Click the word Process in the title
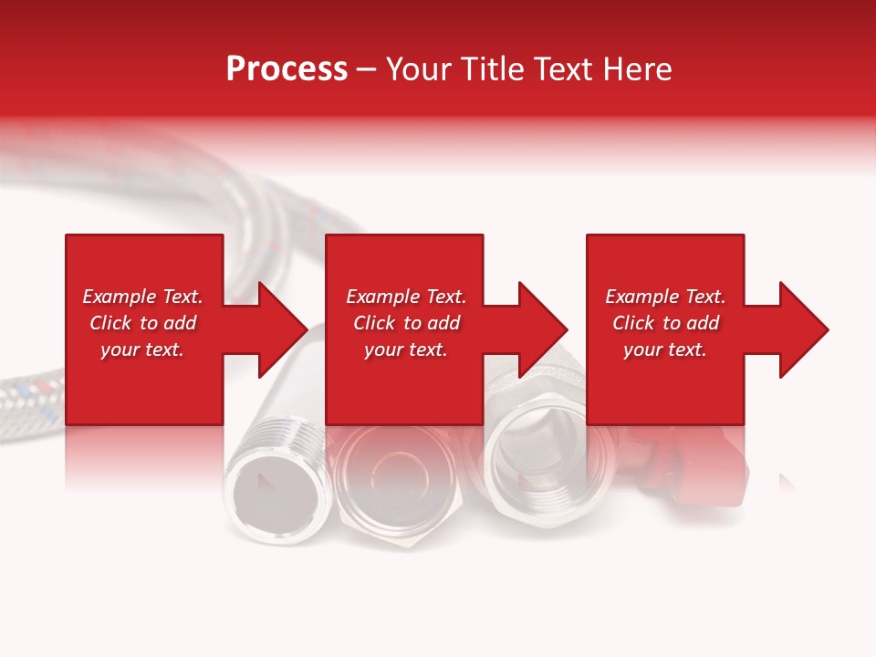coord(287,69)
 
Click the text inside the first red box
coord(142,323)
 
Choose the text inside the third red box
coord(665,323)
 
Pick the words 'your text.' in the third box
coord(665,349)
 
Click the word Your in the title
coord(422,69)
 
